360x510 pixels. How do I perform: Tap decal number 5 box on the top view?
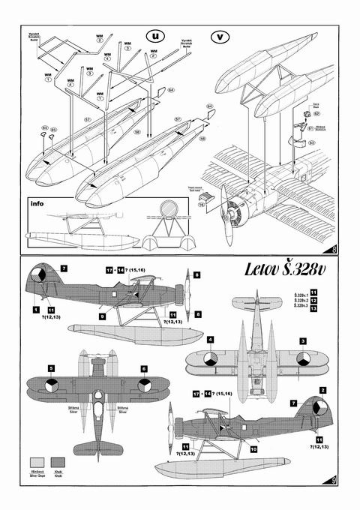coord(51,368)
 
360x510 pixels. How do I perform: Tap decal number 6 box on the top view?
coord(145,368)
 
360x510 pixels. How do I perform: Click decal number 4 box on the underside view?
coord(211,340)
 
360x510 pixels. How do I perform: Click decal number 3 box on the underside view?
coord(302,340)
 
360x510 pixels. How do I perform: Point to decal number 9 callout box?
coord(103,316)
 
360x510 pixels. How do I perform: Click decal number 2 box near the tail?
coord(322,390)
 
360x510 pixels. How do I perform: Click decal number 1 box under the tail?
coord(35,308)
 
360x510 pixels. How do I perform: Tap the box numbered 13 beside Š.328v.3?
coord(313,306)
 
